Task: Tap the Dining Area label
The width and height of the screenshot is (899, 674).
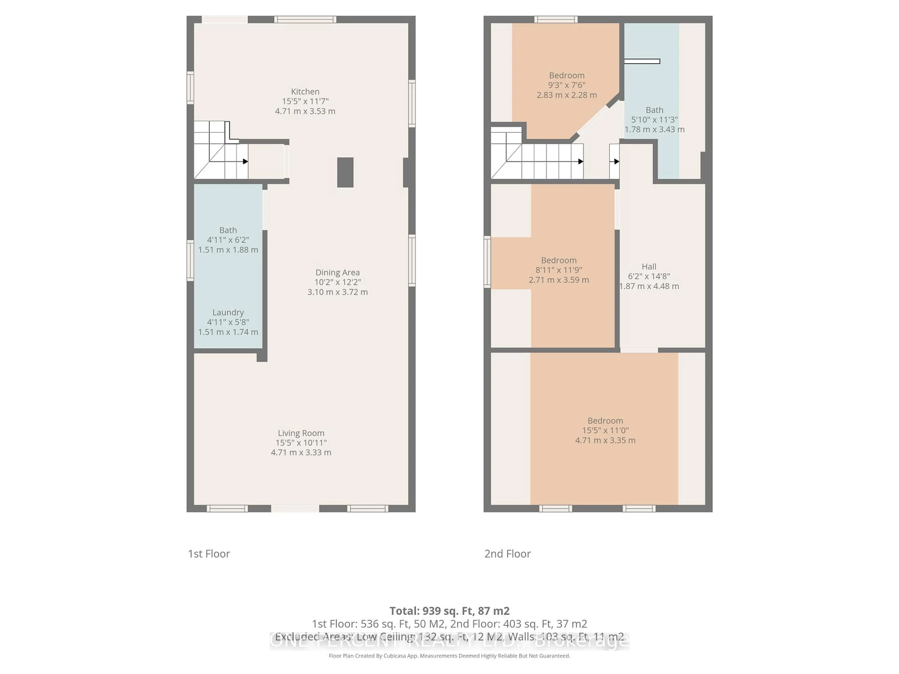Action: pos(337,272)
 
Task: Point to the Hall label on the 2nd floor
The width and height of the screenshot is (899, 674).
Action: pos(649,267)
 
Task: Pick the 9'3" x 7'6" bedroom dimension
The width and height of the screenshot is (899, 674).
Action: pos(567,85)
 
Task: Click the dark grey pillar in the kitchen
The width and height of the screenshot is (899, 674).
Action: pos(345,172)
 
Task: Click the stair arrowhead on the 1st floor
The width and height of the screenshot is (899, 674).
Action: pos(246,161)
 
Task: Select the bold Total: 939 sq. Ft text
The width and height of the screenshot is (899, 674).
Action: pos(449,611)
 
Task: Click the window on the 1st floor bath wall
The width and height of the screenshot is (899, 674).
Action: pos(190,260)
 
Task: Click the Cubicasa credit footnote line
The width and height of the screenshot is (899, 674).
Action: pos(449,656)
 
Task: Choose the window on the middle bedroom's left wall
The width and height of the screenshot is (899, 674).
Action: pos(487,262)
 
